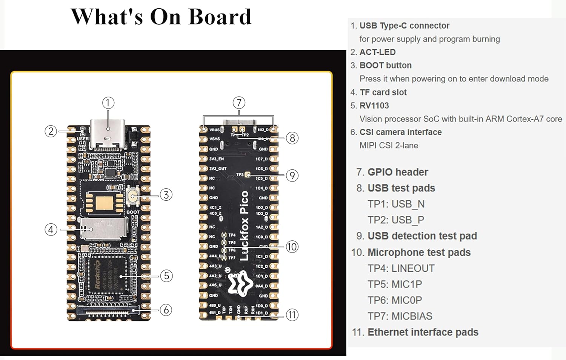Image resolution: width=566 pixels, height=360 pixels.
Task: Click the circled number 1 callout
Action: coord(108,103)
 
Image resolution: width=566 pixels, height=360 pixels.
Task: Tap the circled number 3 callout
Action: coord(166,195)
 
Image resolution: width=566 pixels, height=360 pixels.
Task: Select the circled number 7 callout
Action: coord(239,103)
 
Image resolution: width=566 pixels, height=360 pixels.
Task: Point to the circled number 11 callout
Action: coord(292,315)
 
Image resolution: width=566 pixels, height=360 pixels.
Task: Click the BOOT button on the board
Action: coord(133,195)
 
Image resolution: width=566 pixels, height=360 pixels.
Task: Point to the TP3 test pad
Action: coord(248,175)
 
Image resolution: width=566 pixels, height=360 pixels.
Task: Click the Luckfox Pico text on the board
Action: coord(245,225)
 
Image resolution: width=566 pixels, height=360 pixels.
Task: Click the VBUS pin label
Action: coord(214,129)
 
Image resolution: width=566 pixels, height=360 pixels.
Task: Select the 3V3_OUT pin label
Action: coord(218,169)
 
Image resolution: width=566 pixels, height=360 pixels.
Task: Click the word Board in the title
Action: coord(220,17)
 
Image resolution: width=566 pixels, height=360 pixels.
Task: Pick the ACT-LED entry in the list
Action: coord(377,52)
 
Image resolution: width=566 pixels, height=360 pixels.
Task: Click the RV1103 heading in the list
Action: coord(374,106)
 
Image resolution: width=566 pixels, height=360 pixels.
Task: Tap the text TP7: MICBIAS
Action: coord(400,316)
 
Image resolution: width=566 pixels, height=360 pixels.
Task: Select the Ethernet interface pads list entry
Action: coord(423,332)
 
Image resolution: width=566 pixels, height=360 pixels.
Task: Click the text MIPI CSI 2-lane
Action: coord(389,145)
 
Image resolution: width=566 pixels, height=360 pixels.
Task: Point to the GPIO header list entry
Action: coord(398,172)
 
